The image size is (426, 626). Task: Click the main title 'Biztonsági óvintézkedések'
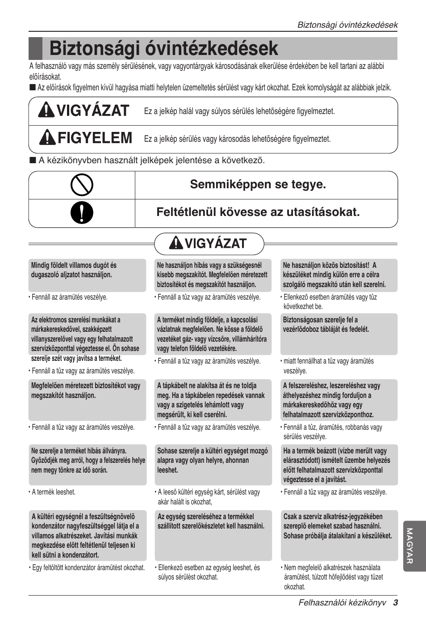tap(163, 48)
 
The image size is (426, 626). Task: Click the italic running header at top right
tap(347, 25)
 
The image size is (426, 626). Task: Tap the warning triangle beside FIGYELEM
tap(47, 138)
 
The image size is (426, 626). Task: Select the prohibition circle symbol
tap(82, 185)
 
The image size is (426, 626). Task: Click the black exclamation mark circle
tap(82, 213)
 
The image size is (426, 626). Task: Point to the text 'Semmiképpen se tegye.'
tap(258, 184)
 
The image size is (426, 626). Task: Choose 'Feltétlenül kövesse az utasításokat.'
tap(258, 212)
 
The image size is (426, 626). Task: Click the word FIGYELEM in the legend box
tap(95, 138)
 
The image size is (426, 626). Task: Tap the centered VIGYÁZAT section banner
tap(209, 244)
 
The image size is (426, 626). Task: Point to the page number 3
tap(395, 602)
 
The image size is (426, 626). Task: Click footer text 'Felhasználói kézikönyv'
tap(342, 602)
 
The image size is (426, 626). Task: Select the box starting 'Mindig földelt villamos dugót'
tap(88, 275)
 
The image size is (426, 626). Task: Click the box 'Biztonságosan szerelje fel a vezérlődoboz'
tap(338, 334)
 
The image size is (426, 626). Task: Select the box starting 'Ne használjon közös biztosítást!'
tap(338, 275)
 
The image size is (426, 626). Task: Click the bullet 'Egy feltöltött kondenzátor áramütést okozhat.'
tap(88, 567)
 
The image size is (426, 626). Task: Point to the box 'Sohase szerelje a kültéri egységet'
tap(213, 464)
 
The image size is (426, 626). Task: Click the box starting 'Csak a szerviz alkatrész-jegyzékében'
tap(338, 535)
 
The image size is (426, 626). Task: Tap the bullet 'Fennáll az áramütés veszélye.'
tap(69, 297)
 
